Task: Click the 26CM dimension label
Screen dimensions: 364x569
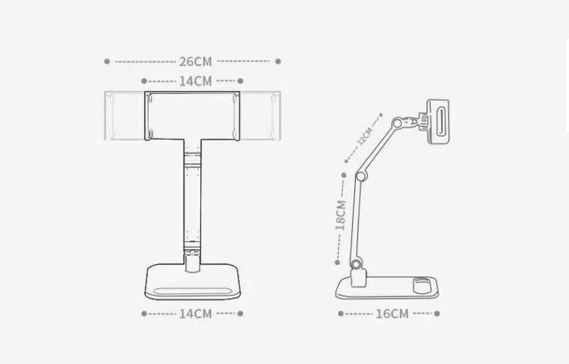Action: coord(195,62)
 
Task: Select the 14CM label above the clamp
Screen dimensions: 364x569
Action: coord(195,81)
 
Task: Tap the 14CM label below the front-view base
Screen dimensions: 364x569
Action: coord(195,314)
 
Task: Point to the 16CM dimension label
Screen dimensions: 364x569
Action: coord(392,314)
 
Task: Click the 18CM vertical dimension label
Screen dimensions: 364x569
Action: coord(341,213)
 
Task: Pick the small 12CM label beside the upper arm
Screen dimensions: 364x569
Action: coord(365,137)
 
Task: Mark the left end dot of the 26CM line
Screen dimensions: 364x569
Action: coord(107,61)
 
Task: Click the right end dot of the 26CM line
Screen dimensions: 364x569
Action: coord(278,61)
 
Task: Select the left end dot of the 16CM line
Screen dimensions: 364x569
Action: coord(337,313)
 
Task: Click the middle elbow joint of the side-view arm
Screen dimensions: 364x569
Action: coord(360,175)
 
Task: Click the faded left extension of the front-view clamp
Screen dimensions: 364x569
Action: coord(124,116)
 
